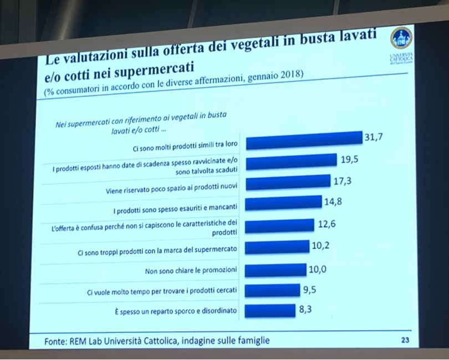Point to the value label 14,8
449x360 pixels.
pos(333,201)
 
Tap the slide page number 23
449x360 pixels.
pos(404,341)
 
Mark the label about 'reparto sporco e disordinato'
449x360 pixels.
pos(174,312)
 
